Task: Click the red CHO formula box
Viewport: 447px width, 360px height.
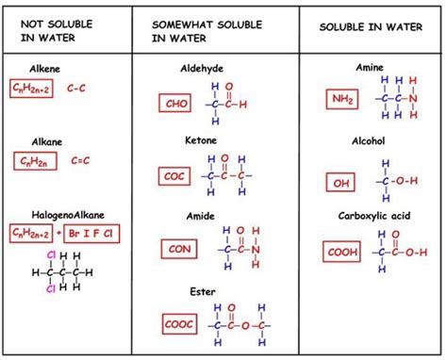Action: coord(177,105)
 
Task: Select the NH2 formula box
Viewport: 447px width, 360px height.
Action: coord(343,99)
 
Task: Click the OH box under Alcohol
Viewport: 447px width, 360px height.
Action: coord(341,181)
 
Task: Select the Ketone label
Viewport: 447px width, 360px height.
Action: coord(202,139)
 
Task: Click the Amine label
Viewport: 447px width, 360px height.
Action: coord(369,68)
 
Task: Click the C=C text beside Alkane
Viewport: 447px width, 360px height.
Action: coord(81,161)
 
